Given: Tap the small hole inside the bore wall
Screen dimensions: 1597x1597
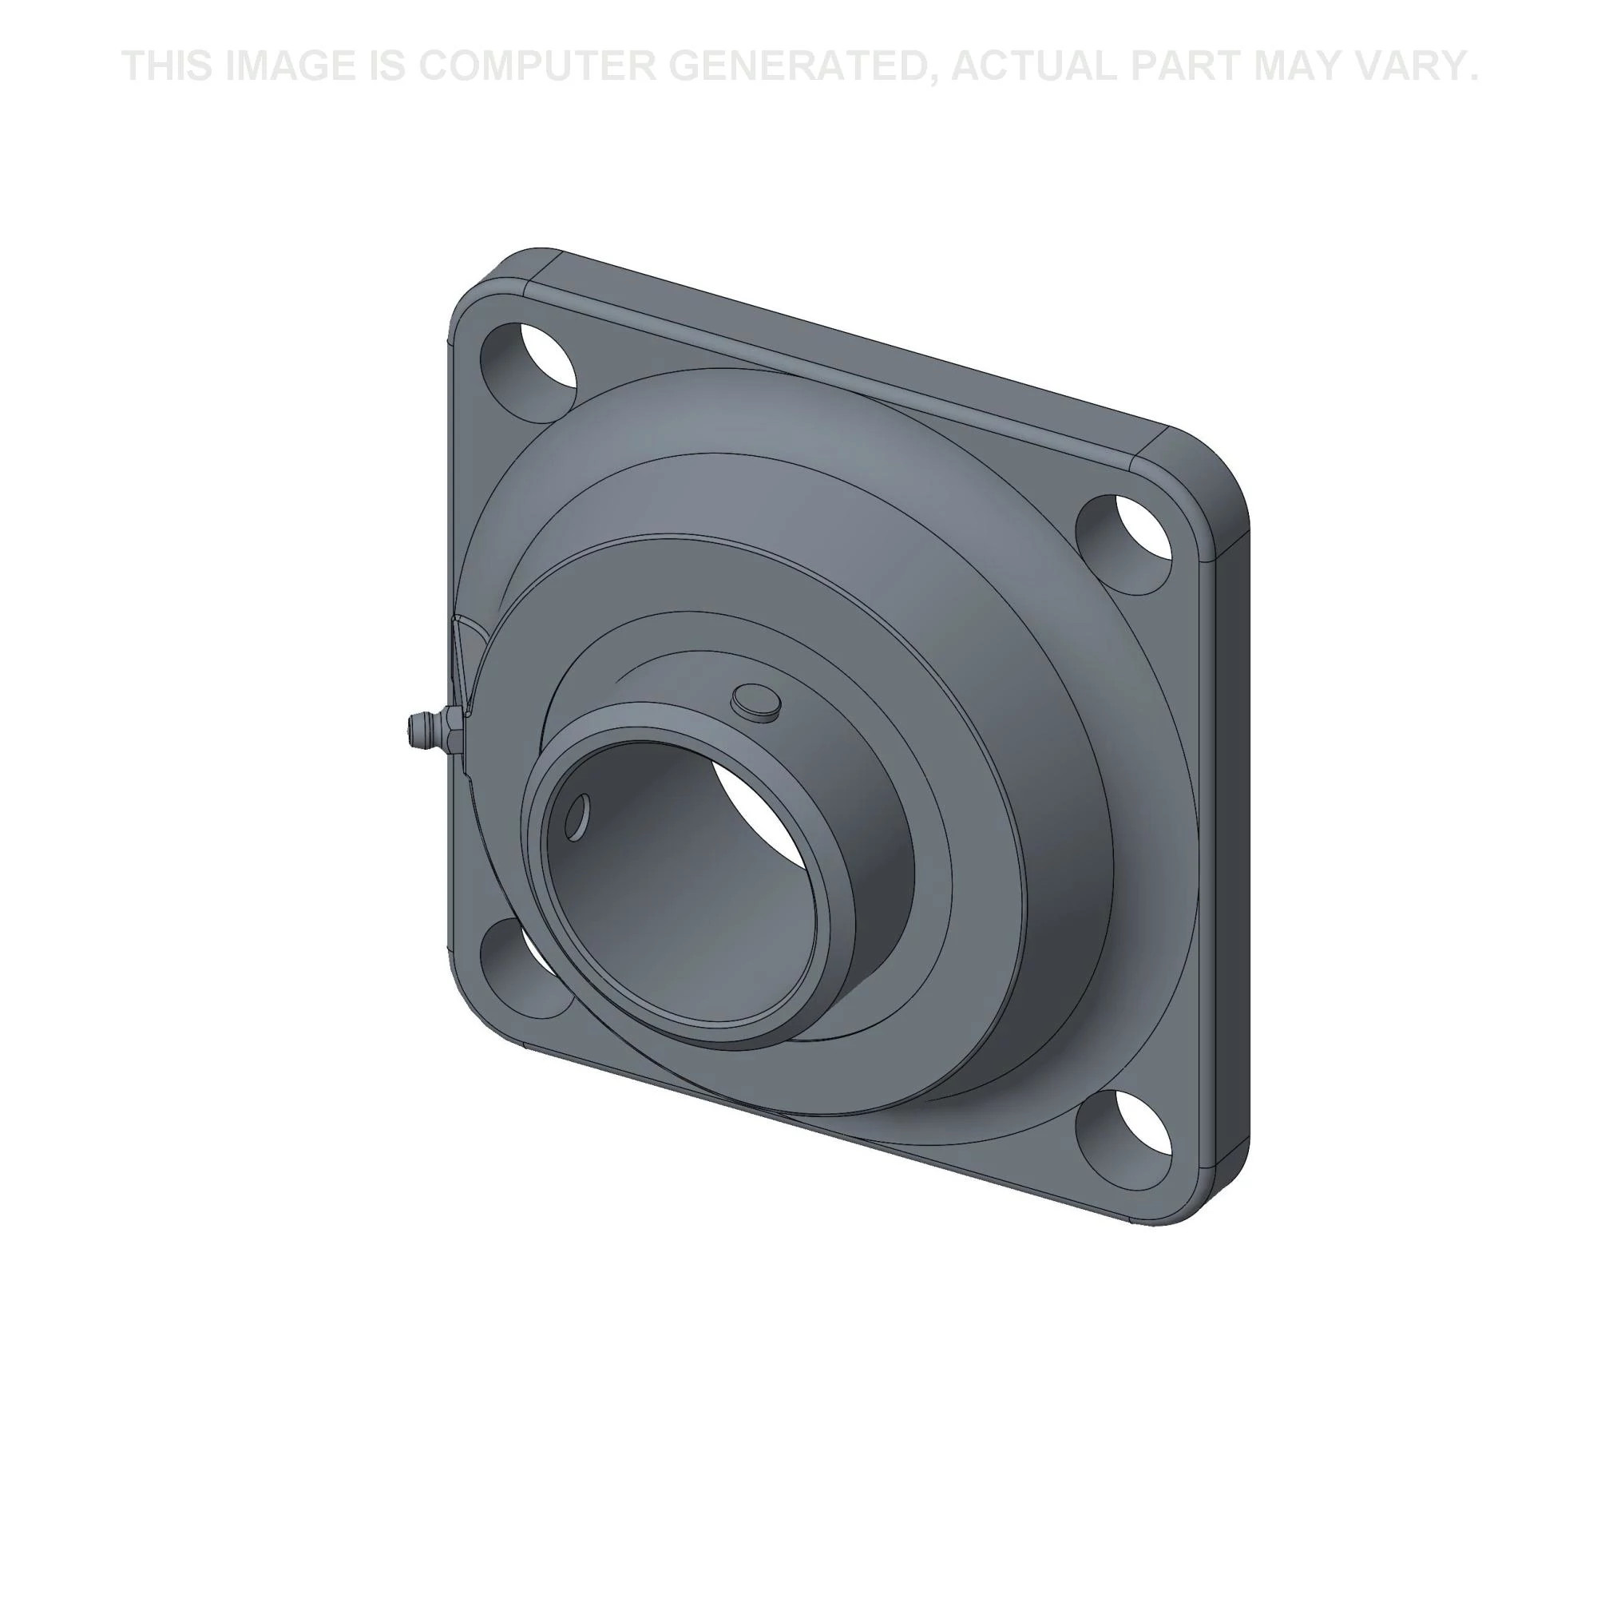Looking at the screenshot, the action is click(x=579, y=818).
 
